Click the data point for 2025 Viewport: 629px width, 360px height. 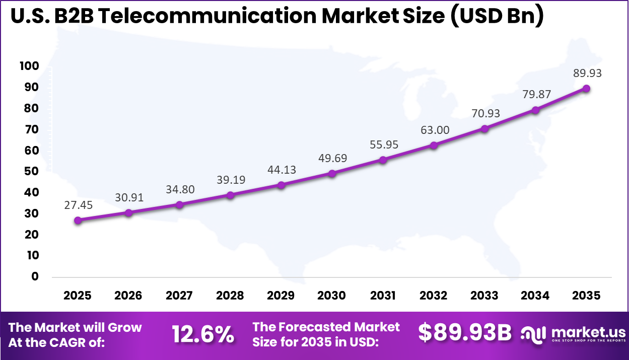point(78,220)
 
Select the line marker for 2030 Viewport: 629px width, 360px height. point(332,174)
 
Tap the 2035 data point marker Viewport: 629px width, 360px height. point(586,89)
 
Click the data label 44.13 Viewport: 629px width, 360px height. point(281,170)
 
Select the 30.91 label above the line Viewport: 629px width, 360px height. point(128,197)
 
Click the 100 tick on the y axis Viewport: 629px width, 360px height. point(29,66)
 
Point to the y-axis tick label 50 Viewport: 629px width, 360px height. point(31,171)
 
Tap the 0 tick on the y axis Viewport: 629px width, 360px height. point(34,276)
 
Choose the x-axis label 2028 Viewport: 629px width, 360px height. point(230,296)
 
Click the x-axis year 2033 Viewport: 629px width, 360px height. point(484,296)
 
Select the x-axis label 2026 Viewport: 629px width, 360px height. point(128,296)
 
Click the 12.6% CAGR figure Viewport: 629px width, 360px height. point(203,334)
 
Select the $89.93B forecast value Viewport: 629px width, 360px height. point(465,333)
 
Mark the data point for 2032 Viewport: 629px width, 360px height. point(434,145)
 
